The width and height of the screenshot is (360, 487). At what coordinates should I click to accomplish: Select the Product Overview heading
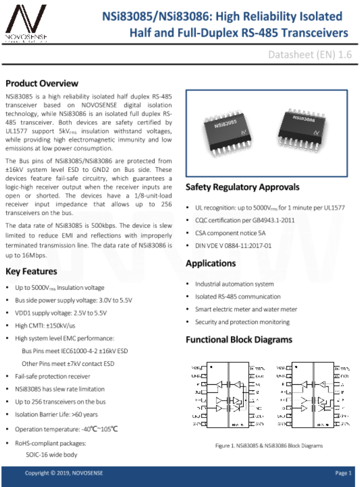[x=42, y=83]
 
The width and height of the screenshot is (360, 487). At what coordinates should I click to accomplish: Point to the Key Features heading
[x=31, y=272]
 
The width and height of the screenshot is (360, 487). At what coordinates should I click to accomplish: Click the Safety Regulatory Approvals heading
[x=242, y=187]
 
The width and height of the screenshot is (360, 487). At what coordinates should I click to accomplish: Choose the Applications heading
[x=210, y=264]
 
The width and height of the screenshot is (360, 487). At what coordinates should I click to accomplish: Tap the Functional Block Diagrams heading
[x=239, y=340]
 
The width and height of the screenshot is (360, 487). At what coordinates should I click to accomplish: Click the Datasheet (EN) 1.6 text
[x=310, y=55]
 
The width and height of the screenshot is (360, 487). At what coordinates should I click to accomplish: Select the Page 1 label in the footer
[x=343, y=473]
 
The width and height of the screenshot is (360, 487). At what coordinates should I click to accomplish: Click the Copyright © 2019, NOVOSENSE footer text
[x=64, y=473]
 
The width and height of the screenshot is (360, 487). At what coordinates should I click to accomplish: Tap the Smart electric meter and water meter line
[x=246, y=309]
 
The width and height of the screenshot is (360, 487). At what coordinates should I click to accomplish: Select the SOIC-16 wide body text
[x=51, y=455]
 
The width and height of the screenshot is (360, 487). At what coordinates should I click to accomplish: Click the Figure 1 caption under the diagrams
[x=269, y=446]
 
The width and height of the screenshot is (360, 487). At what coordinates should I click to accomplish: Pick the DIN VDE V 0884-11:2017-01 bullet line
[x=233, y=246]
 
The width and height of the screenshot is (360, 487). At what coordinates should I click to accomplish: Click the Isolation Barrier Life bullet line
[x=56, y=414]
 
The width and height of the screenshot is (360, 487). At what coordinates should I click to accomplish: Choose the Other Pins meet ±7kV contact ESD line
[x=68, y=364]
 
